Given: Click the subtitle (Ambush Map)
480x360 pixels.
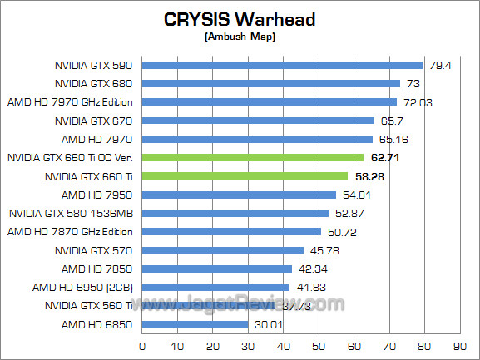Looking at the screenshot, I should tap(240, 37).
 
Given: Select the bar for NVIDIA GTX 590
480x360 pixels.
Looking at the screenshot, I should tap(283, 65).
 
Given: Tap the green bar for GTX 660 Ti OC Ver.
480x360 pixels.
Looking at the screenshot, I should tap(253, 157).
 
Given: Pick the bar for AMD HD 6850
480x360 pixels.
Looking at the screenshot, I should tap(195, 324).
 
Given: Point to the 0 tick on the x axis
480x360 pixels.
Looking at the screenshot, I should tap(143, 346).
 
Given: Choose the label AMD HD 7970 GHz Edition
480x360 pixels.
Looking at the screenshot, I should tap(70, 101).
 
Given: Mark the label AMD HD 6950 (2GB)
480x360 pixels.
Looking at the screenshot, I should tap(87, 287).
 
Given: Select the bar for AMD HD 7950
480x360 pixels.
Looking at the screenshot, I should tap(240, 195).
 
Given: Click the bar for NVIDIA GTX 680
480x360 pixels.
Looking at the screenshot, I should tap(271, 83).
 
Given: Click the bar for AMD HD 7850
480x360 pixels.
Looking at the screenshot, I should tap(217, 269).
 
